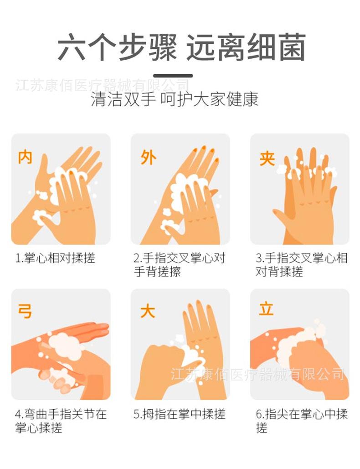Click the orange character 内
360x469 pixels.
point(25,157)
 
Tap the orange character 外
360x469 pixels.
point(148,157)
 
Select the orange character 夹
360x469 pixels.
point(267,158)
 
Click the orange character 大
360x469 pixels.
point(148,311)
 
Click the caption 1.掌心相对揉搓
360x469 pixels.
point(55,258)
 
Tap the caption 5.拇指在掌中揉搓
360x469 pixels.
point(179,414)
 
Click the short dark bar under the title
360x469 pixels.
point(173,76)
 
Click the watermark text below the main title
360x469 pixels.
point(102,85)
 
